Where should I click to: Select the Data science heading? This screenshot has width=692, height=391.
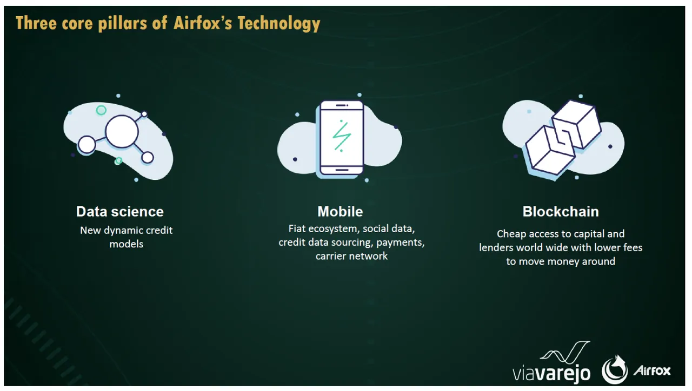click(119, 212)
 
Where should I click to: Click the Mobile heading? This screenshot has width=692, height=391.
click(340, 212)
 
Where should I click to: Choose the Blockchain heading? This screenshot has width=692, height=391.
click(561, 212)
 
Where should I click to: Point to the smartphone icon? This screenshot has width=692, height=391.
click(341, 138)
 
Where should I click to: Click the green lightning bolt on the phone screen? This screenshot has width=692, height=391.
click(341, 135)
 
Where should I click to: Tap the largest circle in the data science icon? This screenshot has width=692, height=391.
click(122, 131)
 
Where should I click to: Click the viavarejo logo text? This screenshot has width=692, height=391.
click(551, 373)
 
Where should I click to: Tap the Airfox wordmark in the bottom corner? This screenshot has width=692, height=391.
click(651, 370)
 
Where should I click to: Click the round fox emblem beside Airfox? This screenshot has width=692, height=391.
click(615, 370)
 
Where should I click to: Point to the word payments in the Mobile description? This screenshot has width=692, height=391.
click(400, 242)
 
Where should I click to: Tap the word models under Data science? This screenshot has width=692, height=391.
click(127, 244)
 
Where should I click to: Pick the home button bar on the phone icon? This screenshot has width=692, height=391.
click(341, 169)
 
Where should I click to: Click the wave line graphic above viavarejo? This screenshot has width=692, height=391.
click(565, 352)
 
